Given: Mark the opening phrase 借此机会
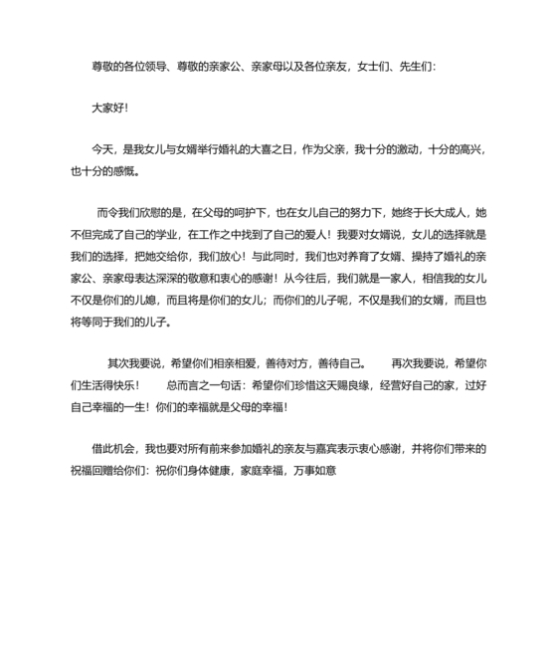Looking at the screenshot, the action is pos(112,449).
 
